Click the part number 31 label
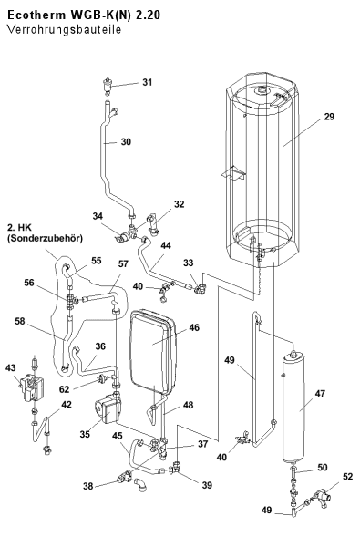[148, 82]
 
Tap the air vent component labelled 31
[108, 86]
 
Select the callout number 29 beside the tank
[329, 117]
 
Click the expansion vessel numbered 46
[153, 352]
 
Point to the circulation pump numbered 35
[106, 410]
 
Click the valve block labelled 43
[30, 387]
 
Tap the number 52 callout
[348, 477]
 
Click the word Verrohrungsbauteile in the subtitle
[64, 30]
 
